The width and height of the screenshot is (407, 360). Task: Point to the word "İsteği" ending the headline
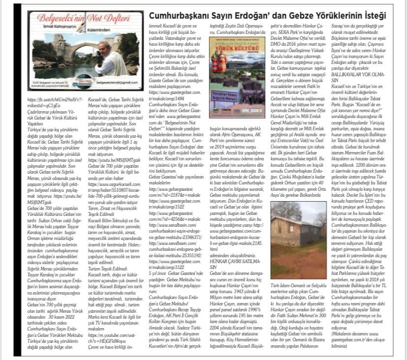pos(388,16)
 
